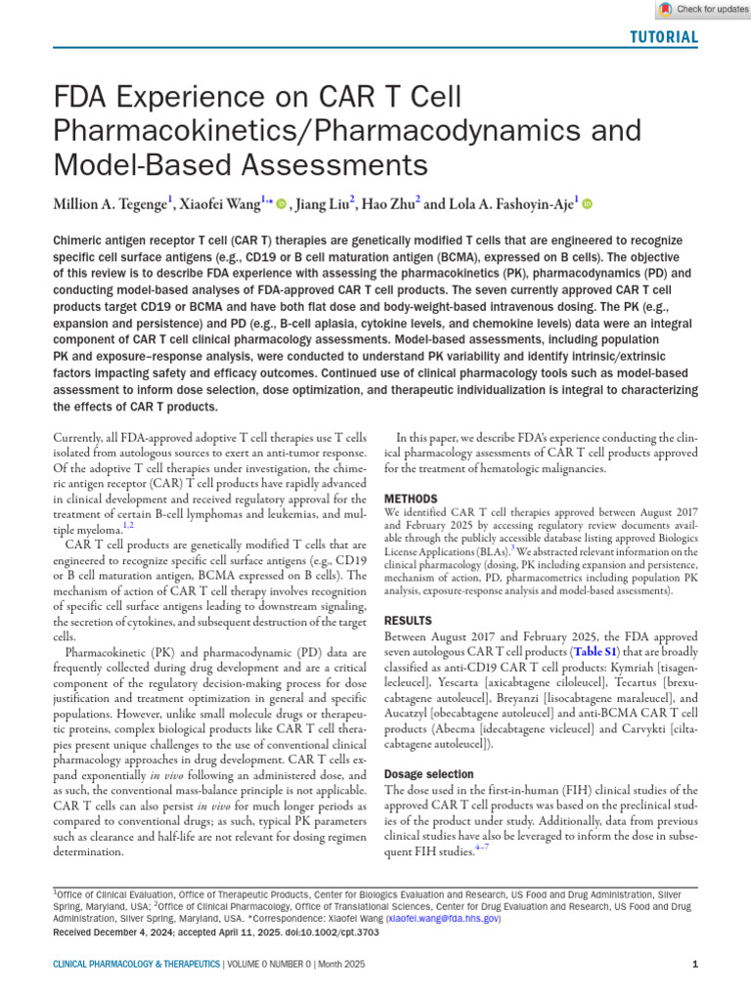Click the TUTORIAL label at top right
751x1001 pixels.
(662, 38)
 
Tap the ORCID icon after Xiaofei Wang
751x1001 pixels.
(282, 204)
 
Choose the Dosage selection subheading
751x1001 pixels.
(428, 773)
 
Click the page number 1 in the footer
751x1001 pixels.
(694, 965)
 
